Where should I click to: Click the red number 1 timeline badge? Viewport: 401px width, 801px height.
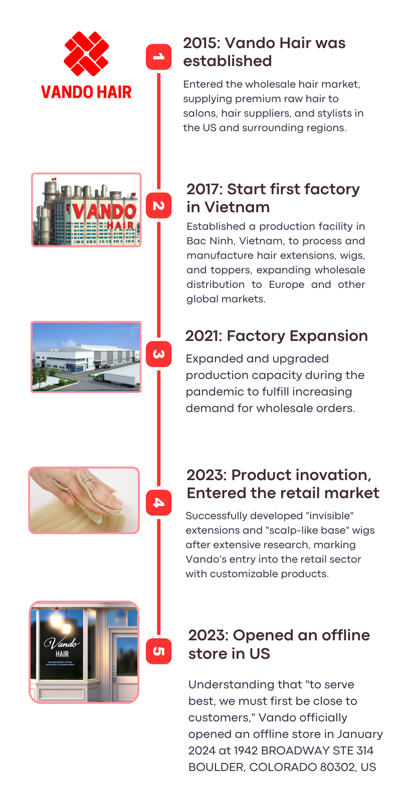point(158,57)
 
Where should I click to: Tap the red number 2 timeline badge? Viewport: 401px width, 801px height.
point(158,205)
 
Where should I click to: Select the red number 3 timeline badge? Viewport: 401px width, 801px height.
point(158,354)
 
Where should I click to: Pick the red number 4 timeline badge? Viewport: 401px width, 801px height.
point(158,503)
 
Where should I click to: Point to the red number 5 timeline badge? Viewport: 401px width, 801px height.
point(158,651)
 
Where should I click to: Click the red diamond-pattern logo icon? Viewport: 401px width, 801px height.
point(86,54)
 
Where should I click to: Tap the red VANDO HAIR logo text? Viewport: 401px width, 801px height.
point(86,92)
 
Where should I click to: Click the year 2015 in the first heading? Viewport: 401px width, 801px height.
point(202,43)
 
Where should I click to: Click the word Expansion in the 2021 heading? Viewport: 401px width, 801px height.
point(329,336)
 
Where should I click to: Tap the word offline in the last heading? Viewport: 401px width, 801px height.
point(346,635)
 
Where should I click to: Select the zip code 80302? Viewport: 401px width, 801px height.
point(338,767)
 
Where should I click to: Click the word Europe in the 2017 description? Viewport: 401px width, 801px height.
point(286,285)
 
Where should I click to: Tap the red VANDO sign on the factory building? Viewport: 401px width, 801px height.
point(105,211)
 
